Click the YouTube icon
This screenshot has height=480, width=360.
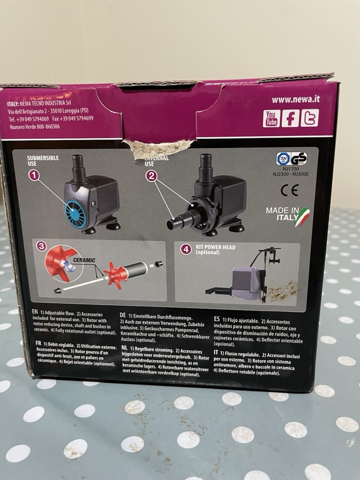(x=271, y=118)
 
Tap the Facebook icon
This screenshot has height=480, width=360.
(x=290, y=118)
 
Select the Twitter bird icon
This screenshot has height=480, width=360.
(x=309, y=118)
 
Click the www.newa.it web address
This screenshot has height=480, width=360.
(x=295, y=99)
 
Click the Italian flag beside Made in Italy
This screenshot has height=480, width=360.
(x=303, y=216)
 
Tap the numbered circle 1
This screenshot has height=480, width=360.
(x=34, y=175)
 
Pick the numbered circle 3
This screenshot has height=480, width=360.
(x=41, y=246)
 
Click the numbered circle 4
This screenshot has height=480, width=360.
(x=186, y=248)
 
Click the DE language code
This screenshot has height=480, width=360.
(x=122, y=316)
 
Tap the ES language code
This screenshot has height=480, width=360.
(x=216, y=318)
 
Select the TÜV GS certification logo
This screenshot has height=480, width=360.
(x=291, y=159)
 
